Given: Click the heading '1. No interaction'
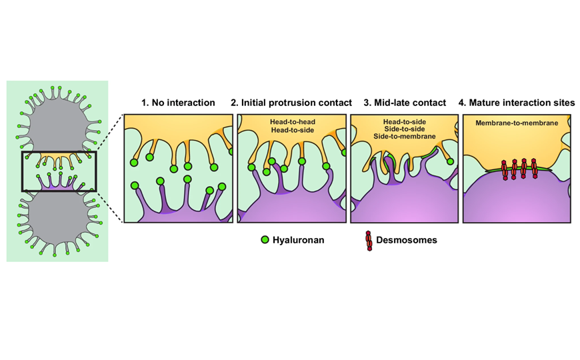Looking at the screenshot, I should point(178,103).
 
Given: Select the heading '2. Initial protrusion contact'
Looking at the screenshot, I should point(291,103).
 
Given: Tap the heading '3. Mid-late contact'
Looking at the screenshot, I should point(404,103).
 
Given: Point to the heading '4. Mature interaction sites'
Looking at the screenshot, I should point(517,103).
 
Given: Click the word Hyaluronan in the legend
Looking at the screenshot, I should point(298,240).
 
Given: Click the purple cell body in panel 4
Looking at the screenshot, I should point(517,203).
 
